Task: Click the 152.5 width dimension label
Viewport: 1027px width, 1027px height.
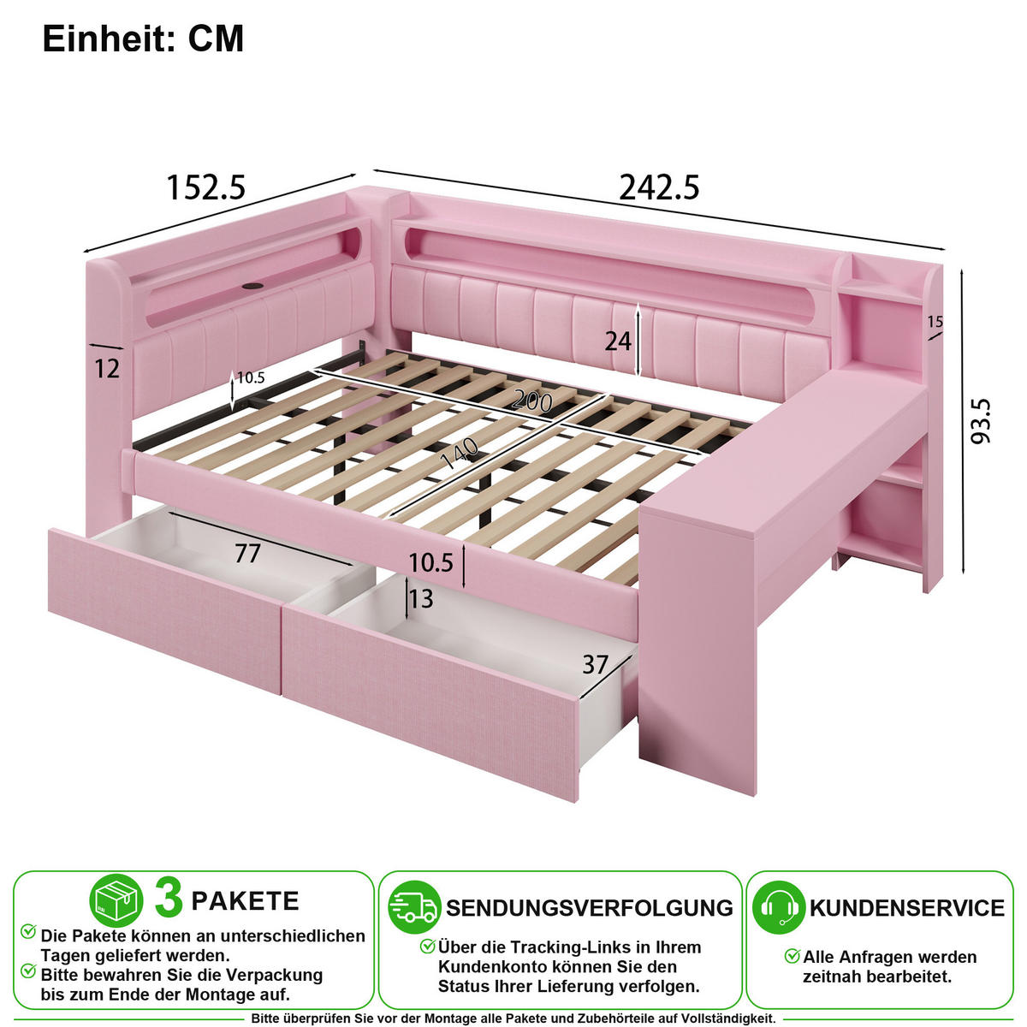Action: [x=206, y=187]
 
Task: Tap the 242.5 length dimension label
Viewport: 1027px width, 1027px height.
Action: [x=659, y=187]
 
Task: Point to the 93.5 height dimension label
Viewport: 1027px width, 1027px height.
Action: [x=980, y=421]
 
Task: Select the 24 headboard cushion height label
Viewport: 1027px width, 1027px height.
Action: [x=618, y=341]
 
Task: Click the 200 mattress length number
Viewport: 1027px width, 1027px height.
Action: [x=531, y=401]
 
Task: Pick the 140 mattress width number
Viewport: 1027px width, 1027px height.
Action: [x=460, y=453]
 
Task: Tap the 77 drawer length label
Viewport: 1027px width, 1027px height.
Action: [x=248, y=554]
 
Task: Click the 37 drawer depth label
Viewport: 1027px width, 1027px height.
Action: [x=596, y=665]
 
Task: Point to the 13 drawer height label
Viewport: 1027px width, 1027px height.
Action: [x=421, y=598]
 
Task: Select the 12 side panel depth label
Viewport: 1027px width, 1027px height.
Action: [x=107, y=368]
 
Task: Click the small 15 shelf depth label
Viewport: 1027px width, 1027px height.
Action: [x=935, y=322]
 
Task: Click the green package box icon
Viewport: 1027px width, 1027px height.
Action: [x=116, y=900]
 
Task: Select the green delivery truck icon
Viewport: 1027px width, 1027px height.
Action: [x=414, y=907]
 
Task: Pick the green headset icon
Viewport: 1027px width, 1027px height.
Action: [x=779, y=907]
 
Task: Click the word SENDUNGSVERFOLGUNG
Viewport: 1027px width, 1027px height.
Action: [x=590, y=908]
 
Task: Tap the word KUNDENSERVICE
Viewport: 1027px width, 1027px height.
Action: [x=907, y=908]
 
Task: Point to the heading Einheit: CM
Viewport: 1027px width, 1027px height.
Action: [x=143, y=39]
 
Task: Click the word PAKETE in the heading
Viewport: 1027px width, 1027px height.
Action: [x=245, y=901]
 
